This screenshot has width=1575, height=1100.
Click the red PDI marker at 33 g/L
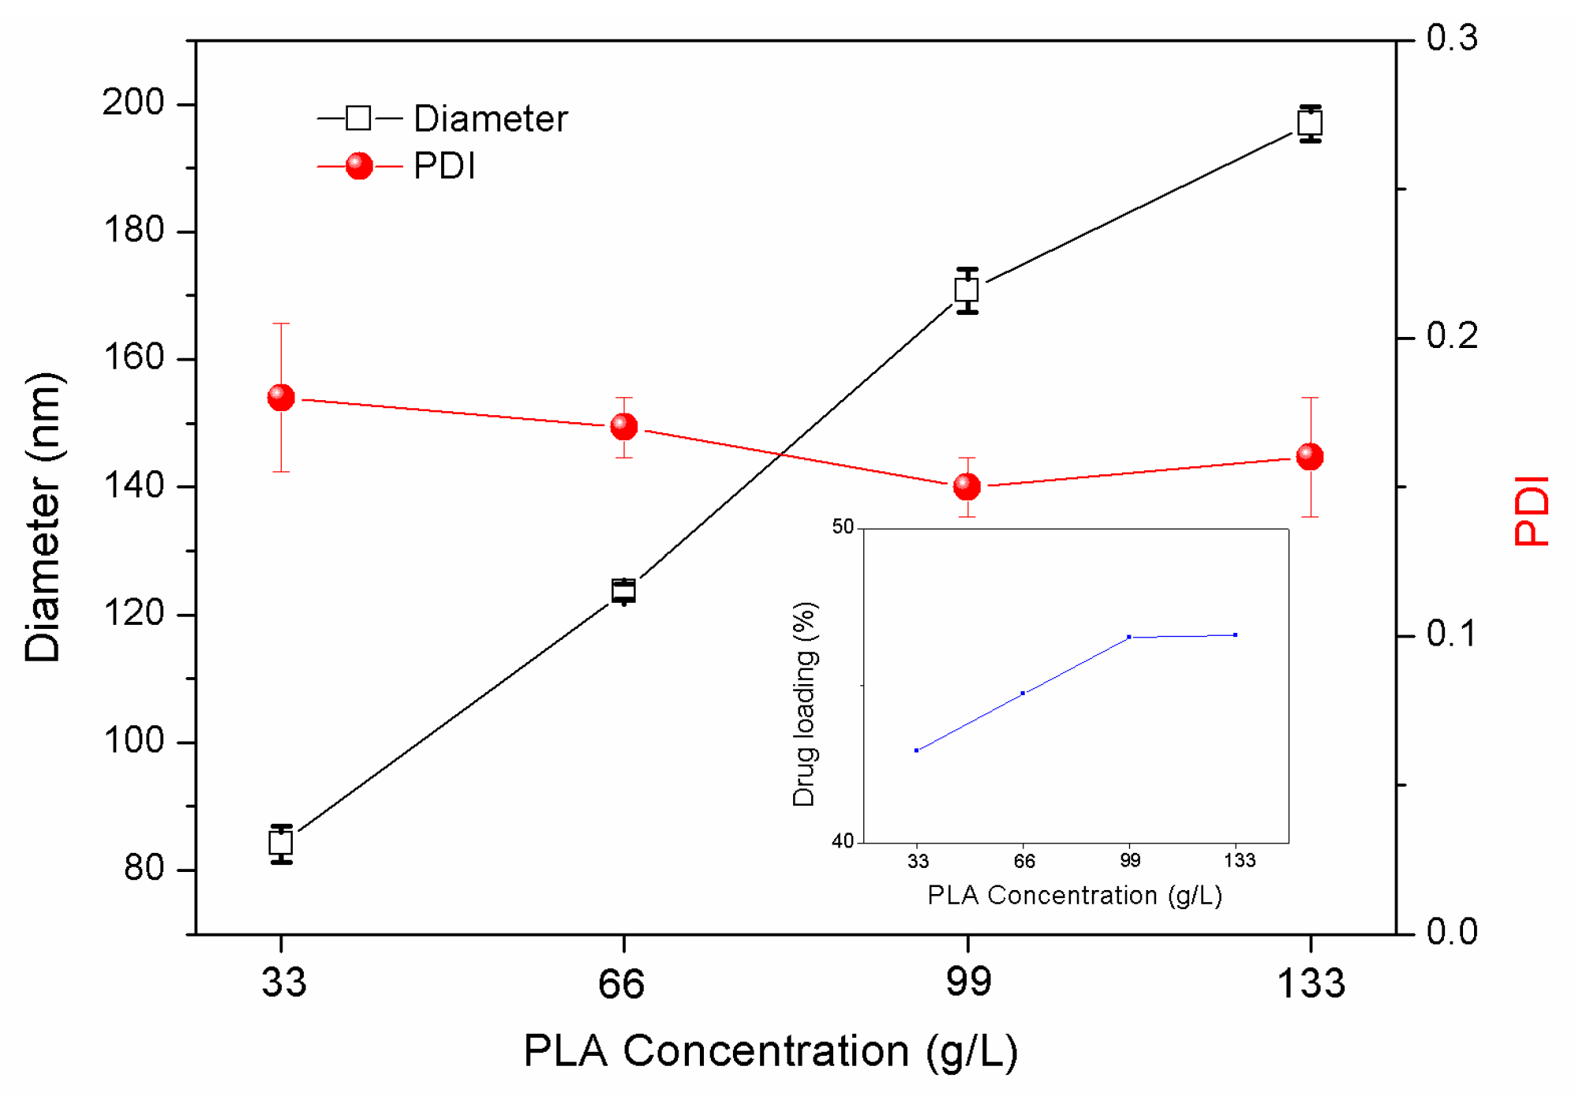pos(281,398)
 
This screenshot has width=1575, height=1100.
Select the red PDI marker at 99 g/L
pos(967,487)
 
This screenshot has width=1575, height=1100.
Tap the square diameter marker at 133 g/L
pos(1310,123)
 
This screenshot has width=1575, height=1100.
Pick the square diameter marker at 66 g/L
pos(623,591)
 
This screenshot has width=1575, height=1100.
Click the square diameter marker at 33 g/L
pos(281,844)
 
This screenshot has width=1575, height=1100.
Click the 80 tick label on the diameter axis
pos(144,869)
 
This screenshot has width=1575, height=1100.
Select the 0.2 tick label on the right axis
pos(1451,337)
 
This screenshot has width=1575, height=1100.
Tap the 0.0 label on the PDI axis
pos(1451,933)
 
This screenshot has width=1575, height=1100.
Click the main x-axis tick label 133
pos(1310,984)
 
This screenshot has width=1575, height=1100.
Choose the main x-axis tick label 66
pos(622,984)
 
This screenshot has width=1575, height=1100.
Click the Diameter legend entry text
pos(490,119)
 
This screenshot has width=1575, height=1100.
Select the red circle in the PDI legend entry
pos(359,166)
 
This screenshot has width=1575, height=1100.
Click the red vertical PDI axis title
pos(1531,511)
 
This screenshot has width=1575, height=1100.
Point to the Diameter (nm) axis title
pos(43,517)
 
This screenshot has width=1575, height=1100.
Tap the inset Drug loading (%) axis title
pos(804,704)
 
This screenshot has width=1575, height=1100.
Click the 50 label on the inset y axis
pos(843,527)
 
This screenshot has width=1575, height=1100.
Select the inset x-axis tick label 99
pos(1130,861)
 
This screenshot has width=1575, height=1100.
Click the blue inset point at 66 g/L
pos(1023,694)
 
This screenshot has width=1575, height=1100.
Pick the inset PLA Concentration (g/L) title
pos(1075,896)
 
